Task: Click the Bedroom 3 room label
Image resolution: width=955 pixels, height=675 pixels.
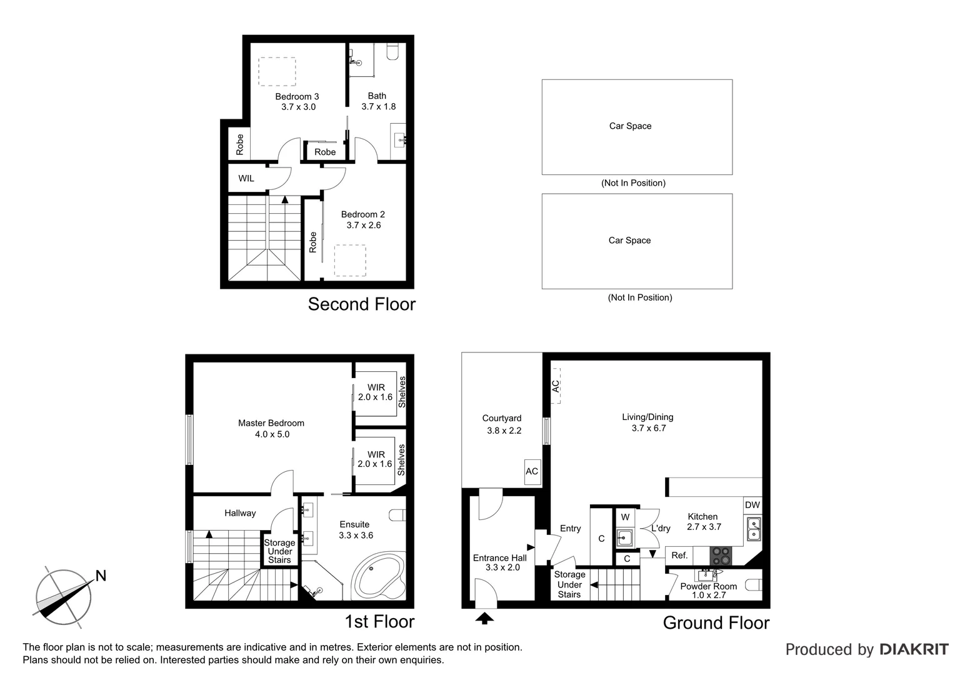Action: [x=297, y=96]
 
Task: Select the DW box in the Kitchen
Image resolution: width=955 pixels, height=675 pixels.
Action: [x=752, y=505]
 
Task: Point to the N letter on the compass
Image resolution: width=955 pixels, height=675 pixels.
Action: [x=101, y=576]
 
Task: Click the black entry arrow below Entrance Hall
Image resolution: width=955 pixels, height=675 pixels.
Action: [x=485, y=618]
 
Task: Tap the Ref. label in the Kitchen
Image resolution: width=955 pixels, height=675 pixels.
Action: [x=679, y=555]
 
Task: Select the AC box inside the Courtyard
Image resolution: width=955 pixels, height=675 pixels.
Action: [x=532, y=471]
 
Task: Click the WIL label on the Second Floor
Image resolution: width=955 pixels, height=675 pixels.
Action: [x=246, y=178]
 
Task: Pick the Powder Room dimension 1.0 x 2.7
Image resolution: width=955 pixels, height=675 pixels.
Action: [x=709, y=595]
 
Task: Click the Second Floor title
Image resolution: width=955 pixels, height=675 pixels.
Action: [x=361, y=304]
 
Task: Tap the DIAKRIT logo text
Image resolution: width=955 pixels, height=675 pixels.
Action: [x=914, y=649]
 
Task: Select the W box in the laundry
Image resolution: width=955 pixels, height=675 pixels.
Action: [x=625, y=517]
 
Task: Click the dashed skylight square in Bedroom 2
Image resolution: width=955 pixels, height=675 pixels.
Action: [x=350, y=260]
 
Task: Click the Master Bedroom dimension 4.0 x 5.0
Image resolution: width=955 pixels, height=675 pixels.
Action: [x=272, y=434]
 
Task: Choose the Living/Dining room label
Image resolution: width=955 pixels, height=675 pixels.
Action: [x=647, y=417]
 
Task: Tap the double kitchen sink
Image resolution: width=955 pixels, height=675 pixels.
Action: [x=754, y=529]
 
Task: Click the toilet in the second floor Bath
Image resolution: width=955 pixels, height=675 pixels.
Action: [x=392, y=51]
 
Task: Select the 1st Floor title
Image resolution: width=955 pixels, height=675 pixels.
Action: [x=379, y=622]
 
